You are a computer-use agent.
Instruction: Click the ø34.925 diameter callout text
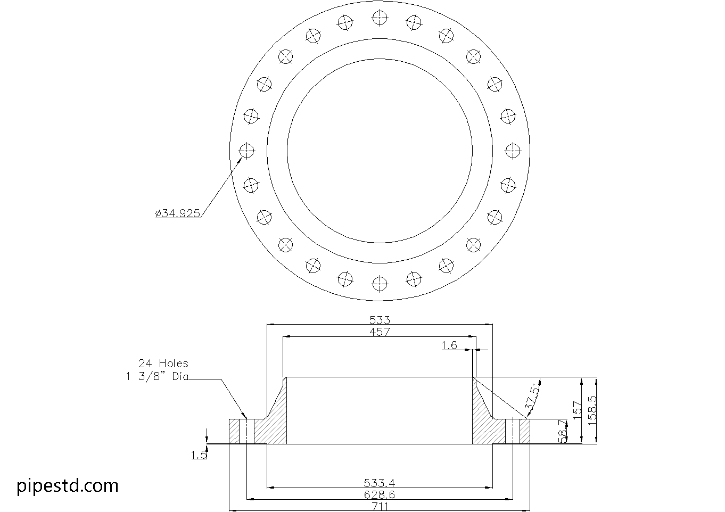(178, 213)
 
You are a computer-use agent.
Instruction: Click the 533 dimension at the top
(380, 320)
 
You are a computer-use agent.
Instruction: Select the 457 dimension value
(380, 332)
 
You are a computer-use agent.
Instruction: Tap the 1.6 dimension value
(449, 345)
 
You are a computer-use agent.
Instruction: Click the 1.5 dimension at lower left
(199, 455)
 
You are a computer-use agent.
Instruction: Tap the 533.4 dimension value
(380, 483)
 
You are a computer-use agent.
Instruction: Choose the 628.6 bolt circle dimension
(380, 495)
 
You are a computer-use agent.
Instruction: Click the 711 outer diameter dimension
(380, 507)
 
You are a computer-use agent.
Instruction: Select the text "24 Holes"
(163, 364)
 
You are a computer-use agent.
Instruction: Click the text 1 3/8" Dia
(157, 377)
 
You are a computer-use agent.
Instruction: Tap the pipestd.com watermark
(68, 485)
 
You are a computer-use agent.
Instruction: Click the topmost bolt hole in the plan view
(379, 18)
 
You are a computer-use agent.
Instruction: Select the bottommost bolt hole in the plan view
(379, 284)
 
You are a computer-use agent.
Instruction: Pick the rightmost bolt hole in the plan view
(512, 151)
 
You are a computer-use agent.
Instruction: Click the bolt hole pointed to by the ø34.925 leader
(246, 151)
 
